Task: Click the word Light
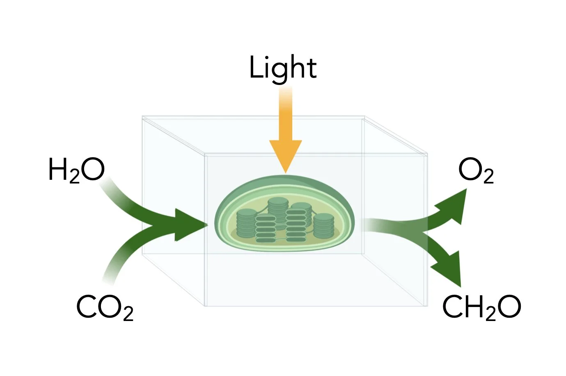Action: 283,68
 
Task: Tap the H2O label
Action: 76,170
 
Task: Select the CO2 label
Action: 105,307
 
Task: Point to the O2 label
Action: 476,170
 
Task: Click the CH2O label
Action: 481,307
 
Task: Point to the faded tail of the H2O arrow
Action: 105,187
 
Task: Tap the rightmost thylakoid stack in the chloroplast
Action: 324,226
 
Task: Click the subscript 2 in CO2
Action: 128,314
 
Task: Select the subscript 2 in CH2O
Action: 490,314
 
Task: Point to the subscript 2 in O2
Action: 488,177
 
